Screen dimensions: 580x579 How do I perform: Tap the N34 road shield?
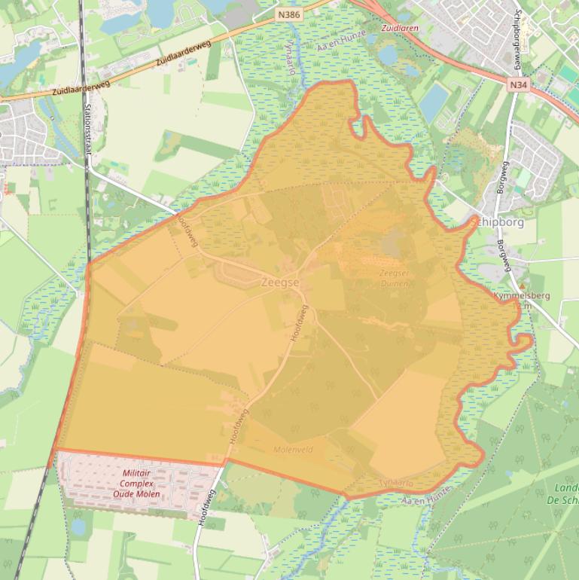518,86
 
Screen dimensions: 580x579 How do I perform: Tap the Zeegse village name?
280,282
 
